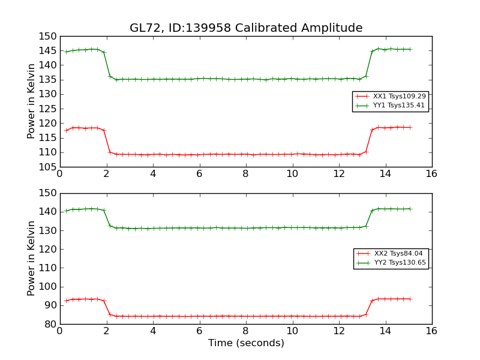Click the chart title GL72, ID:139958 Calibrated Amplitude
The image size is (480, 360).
246,28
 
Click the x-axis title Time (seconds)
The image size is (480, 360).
246,343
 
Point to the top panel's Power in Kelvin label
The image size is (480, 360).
32,101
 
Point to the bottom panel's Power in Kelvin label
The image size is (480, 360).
32,259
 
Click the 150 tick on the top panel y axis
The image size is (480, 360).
49,36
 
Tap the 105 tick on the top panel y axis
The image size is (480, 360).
49,167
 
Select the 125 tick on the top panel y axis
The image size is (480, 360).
49,109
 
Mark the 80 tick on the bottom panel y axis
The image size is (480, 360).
52,324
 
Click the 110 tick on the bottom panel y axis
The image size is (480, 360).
49,268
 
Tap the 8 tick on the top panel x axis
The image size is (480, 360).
245,173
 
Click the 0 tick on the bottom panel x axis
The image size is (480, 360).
59,331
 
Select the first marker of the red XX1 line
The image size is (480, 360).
66,130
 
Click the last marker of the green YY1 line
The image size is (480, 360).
410,49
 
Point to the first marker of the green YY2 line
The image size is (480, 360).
66,211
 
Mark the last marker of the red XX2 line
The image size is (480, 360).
410,299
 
